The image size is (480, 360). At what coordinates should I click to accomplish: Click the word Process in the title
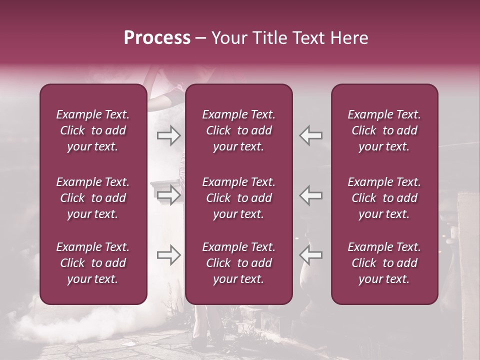pyautogui.click(x=157, y=37)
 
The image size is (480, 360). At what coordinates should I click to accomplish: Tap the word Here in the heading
pyautogui.click(x=348, y=37)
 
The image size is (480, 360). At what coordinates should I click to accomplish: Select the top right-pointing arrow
pyautogui.click(x=168, y=135)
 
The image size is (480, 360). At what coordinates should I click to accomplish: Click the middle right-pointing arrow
pyautogui.click(x=168, y=195)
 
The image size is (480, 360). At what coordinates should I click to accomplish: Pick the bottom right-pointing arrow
pyautogui.click(x=168, y=255)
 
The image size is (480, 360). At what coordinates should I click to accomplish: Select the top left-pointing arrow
pyautogui.click(x=310, y=135)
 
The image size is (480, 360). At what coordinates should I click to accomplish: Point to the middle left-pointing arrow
pyautogui.click(x=310, y=195)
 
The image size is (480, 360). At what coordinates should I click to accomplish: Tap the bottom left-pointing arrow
pyautogui.click(x=310, y=255)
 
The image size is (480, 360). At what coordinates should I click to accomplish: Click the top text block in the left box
pyautogui.click(x=93, y=130)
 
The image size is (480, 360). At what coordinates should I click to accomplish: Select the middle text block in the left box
pyautogui.click(x=93, y=198)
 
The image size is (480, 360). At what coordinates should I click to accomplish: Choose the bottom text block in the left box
pyautogui.click(x=93, y=263)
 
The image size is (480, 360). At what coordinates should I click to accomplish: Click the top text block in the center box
pyautogui.click(x=238, y=130)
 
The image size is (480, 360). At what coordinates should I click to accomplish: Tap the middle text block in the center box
pyautogui.click(x=238, y=198)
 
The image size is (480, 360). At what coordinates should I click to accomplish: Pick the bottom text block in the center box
pyautogui.click(x=238, y=263)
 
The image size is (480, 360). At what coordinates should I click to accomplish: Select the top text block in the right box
pyautogui.click(x=384, y=130)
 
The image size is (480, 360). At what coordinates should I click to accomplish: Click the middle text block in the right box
pyautogui.click(x=384, y=198)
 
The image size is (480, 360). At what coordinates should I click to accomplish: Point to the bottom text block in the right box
pyautogui.click(x=384, y=263)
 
